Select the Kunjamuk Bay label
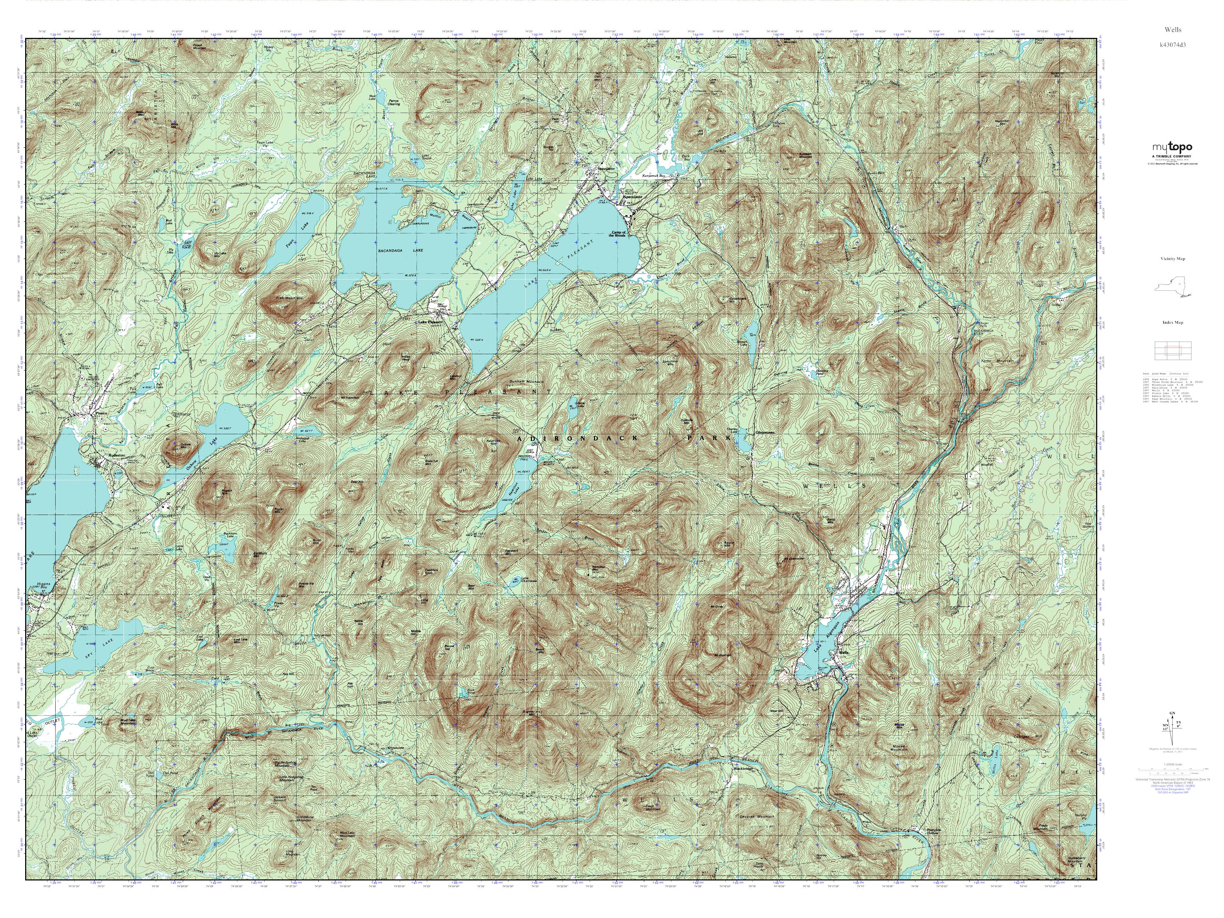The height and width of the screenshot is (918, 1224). point(653,176)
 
